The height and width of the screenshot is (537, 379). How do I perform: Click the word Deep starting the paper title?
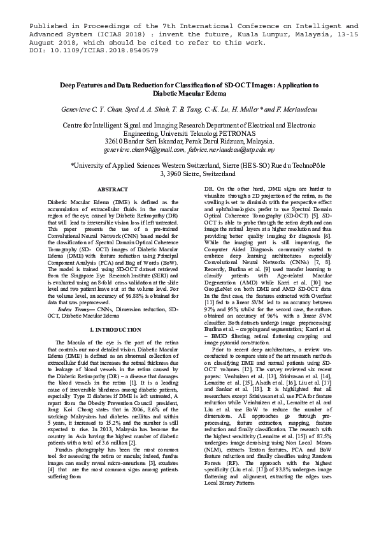[x=68, y=85]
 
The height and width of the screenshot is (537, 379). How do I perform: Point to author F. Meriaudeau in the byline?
[x=294, y=109]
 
